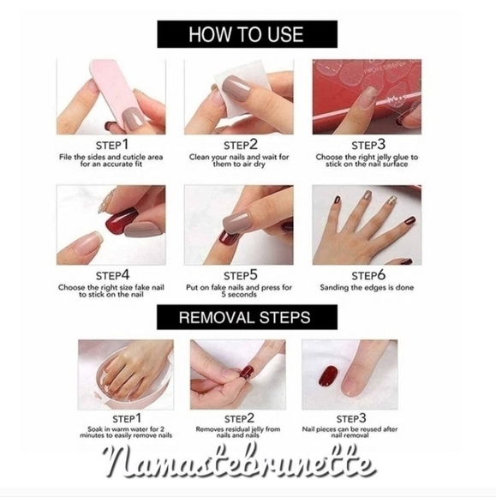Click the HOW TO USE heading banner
[x=248, y=34]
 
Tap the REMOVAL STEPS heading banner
[x=247, y=317]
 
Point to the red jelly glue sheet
[x=367, y=97]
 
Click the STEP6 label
[x=368, y=275]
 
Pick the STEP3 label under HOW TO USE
[x=368, y=145]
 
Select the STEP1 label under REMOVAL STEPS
[x=127, y=418]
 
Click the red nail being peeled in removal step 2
[x=248, y=371]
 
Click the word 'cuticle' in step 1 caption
[x=127, y=157]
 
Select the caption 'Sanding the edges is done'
[x=367, y=287]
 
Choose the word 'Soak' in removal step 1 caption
[x=95, y=429]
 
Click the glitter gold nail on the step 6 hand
[x=392, y=201]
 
